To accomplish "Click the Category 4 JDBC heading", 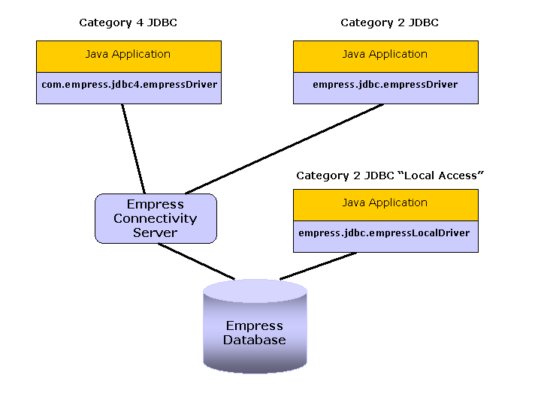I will (x=128, y=23).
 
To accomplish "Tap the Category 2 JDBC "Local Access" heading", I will (x=389, y=175).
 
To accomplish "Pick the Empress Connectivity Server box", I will (x=156, y=218).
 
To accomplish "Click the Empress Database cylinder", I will (x=255, y=330).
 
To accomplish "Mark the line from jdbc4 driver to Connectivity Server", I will (x=134, y=148).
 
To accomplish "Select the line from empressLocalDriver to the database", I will (x=317, y=265).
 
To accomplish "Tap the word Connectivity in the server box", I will (x=156, y=218).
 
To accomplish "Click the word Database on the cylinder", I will (x=255, y=340).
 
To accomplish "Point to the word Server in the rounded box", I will (x=156, y=232).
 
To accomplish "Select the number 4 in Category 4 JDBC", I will (x=139, y=23).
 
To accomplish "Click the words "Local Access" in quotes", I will (x=443, y=175).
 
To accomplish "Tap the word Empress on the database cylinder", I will (x=255, y=326).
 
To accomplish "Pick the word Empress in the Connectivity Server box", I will (x=156, y=204).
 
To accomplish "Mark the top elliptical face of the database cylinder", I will (x=255, y=290).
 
